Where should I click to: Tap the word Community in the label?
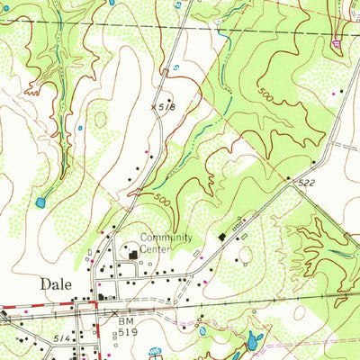pos(166,238)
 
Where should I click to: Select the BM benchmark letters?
pos(124,319)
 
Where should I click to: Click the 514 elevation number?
pos(37,335)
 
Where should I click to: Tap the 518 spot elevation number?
pos(164,107)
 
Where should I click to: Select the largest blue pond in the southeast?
pos(252,340)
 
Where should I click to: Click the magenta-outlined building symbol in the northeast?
pos(338,41)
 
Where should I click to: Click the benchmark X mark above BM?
pos(116,311)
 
